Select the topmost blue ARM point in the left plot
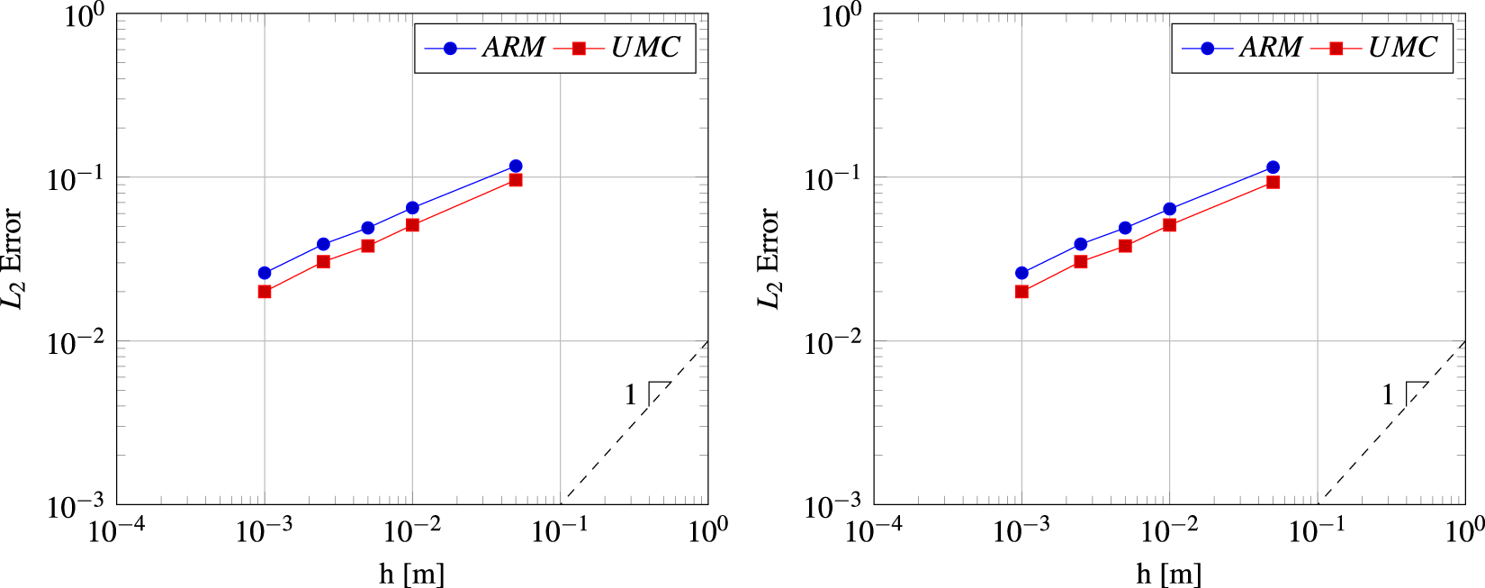tap(516, 166)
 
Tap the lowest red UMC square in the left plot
tap(265, 292)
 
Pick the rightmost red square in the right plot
tap(1273, 182)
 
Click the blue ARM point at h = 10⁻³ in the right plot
tap(1021, 273)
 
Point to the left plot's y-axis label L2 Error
tap(13, 258)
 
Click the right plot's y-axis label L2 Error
tap(769, 258)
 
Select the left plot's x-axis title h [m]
tap(411, 574)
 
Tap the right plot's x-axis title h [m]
tap(1168, 574)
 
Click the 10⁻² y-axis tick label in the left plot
tap(76, 343)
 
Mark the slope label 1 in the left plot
tap(631, 394)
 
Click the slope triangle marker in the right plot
tap(1416, 392)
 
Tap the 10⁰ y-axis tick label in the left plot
tap(85, 15)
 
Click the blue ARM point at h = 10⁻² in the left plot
tap(412, 208)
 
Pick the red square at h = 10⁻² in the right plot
tap(1169, 225)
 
